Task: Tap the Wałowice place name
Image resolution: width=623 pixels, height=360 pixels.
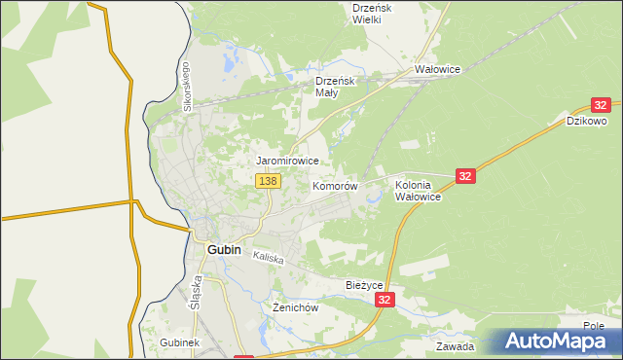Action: [x=437, y=70]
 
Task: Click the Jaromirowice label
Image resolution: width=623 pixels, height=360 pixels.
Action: [x=288, y=160]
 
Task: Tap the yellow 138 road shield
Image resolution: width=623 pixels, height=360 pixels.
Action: [x=269, y=181]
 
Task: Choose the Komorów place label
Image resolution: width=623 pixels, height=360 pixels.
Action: [x=336, y=185]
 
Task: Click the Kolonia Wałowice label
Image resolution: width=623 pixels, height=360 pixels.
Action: [x=419, y=190]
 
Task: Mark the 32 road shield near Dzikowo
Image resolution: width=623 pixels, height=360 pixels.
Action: [x=600, y=105]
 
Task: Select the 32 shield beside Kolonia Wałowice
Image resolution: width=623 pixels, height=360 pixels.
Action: [x=465, y=176]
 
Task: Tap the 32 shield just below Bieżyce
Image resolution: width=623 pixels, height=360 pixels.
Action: [x=386, y=302]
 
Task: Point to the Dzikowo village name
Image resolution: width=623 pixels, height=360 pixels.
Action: [x=587, y=122]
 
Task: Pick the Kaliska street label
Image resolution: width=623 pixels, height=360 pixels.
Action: [x=268, y=258]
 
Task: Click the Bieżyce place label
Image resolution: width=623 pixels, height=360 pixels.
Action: [x=366, y=285]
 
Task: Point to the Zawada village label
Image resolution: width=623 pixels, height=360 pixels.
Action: [x=455, y=346]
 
